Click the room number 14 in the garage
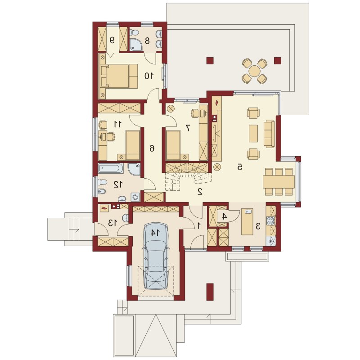155,233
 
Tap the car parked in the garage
156,256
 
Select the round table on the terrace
254,71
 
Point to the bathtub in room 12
111,168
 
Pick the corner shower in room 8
135,45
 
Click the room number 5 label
239,167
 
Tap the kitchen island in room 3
247,221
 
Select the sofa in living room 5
269,133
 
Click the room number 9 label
112,40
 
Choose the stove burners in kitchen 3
271,220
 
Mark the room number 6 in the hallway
152,148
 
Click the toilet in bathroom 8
134,33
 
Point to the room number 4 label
225,216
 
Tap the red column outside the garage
210,292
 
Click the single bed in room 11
133,145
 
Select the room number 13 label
112,222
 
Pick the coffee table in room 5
253,133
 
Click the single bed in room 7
173,145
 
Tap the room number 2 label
200,191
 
